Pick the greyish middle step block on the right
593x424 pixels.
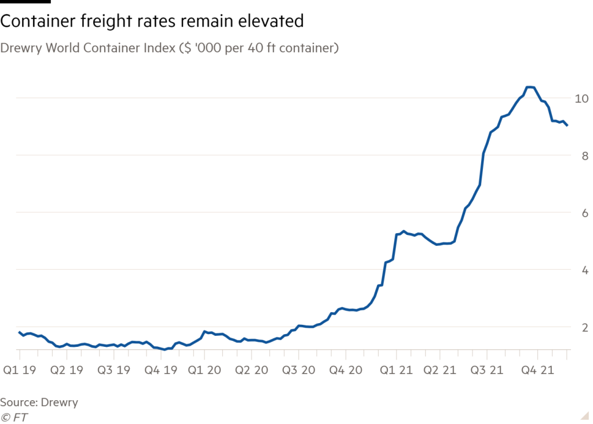[521, 235]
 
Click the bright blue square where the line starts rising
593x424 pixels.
[306, 336]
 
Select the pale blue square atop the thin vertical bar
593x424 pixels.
[171, 354]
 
